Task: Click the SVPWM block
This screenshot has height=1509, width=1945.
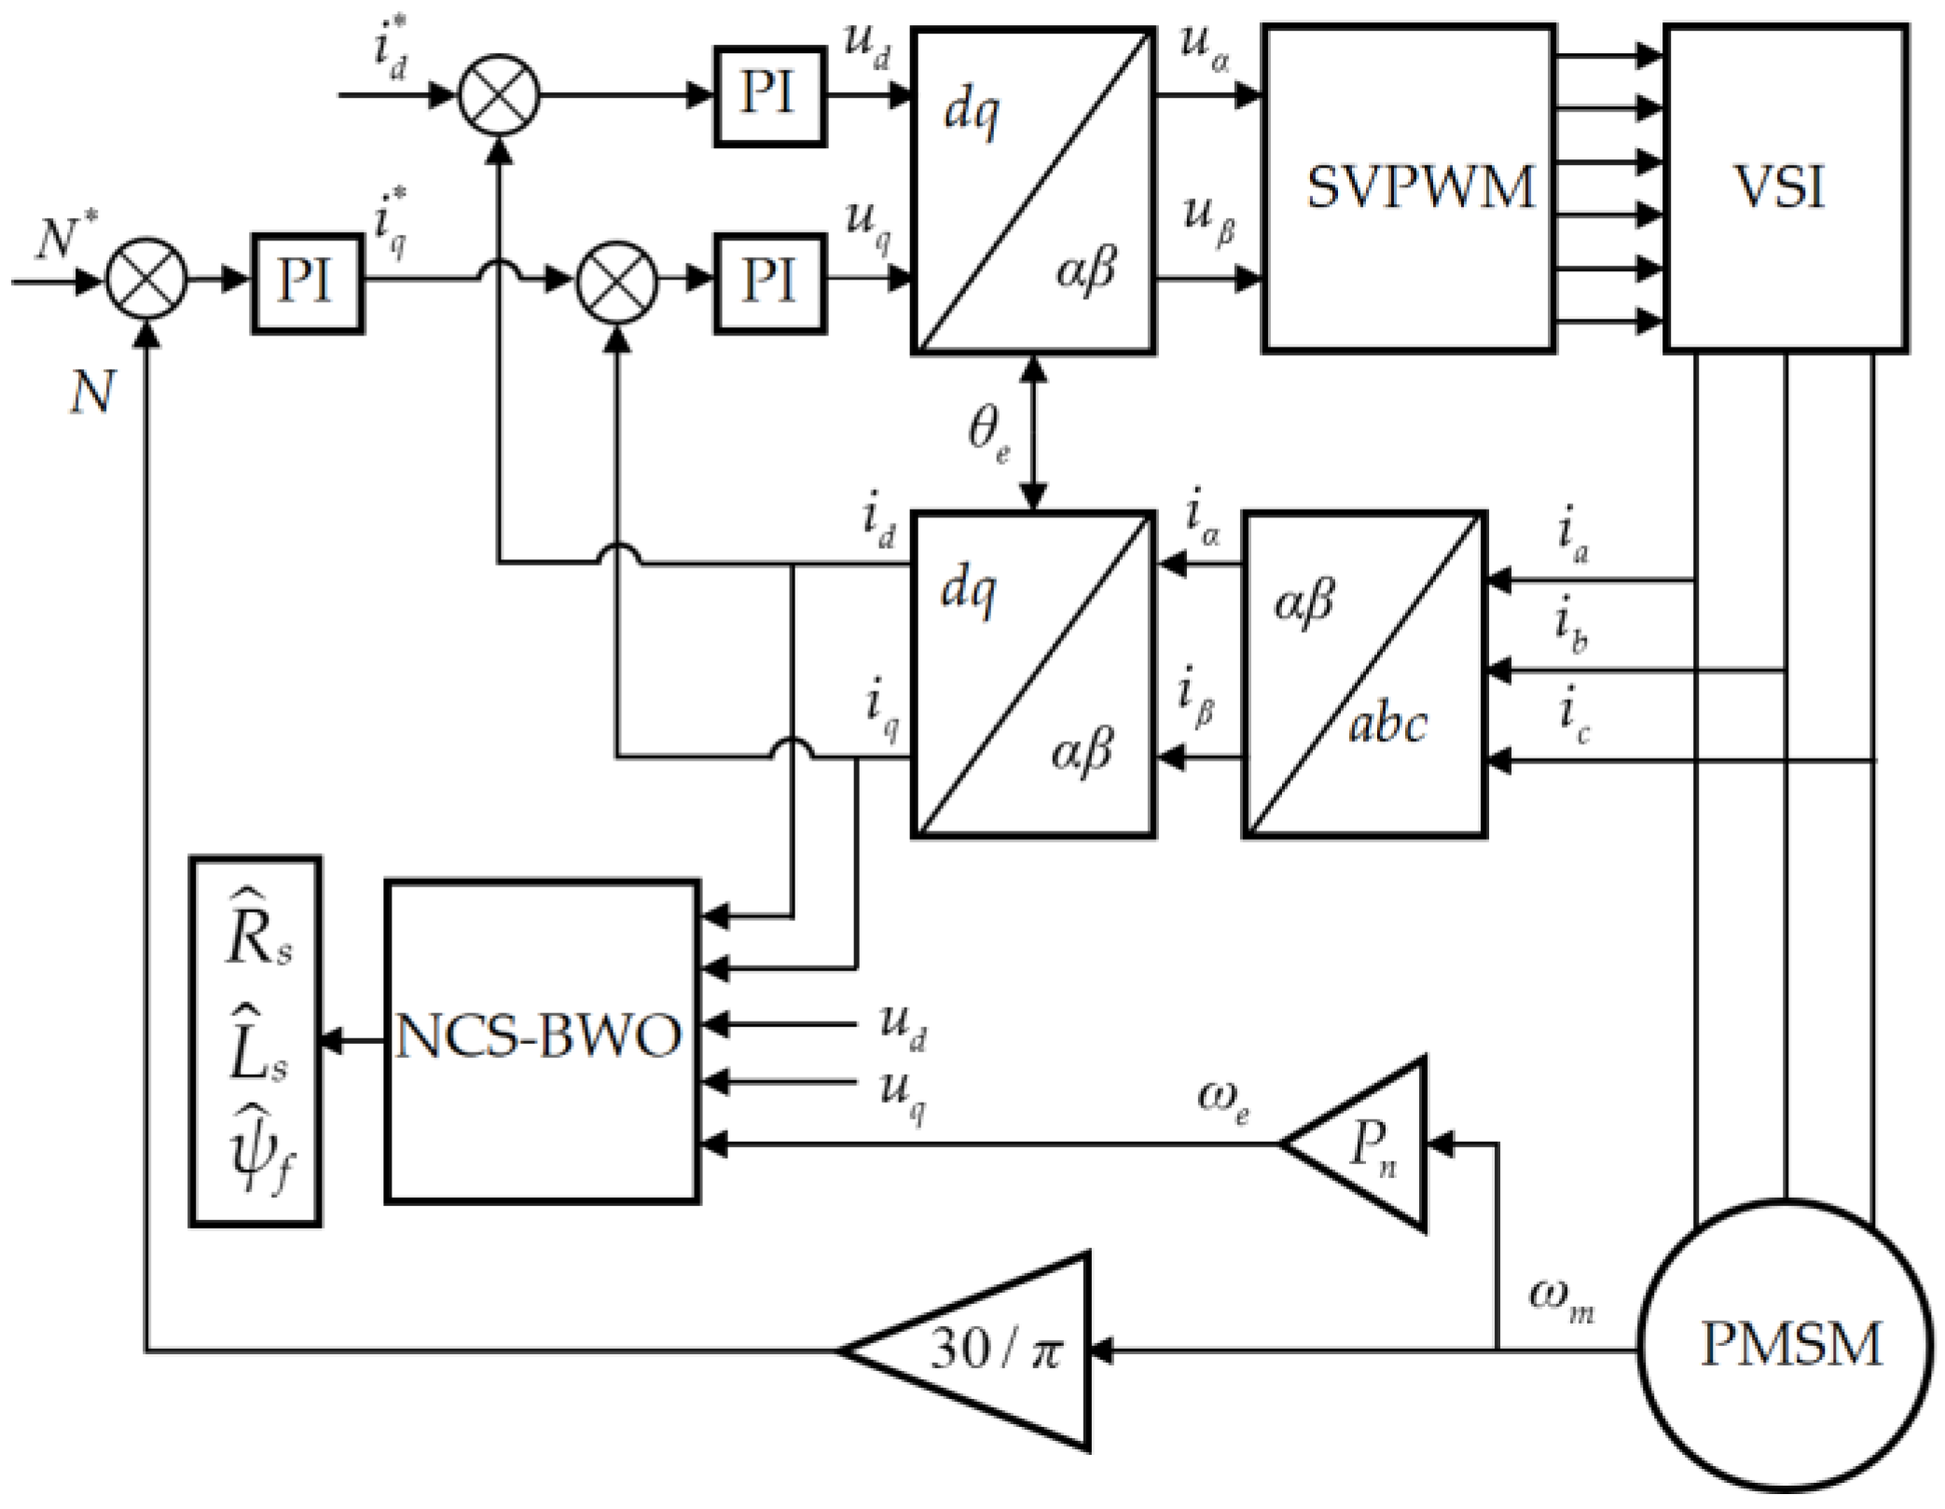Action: coord(1408,188)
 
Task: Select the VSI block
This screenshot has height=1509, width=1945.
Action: coord(1785,188)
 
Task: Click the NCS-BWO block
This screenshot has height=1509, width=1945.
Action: coord(542,1040)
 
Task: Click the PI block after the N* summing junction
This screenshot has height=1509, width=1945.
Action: coord(307,282)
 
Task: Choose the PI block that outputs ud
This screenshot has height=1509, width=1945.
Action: coord(769,96)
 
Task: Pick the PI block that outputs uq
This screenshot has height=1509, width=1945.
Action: coord(769,282)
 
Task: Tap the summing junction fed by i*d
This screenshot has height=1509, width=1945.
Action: coord(499,95)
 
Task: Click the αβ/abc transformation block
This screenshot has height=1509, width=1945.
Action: coord(1364,674)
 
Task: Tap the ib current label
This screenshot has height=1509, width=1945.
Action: coord(1571,623)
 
